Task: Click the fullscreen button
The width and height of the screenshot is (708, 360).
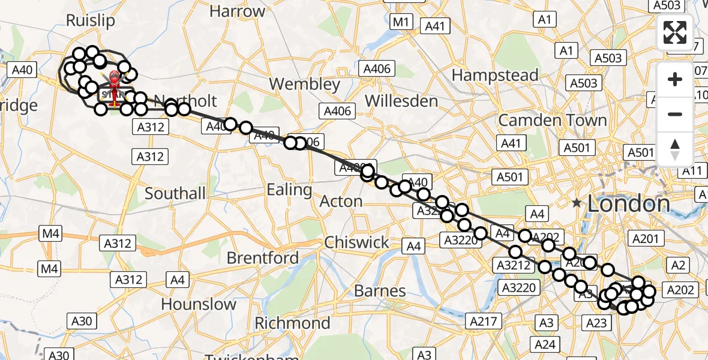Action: tap(675, 32)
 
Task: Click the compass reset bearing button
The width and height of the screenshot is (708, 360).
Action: tap(675, 149)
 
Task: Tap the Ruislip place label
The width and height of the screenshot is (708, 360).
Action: tap(90, 20)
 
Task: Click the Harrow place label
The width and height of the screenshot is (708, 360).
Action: tap(238, 11)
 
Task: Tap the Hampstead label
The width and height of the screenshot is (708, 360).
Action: tap(495, 75)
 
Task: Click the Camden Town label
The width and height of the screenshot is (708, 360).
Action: tap(553, 120)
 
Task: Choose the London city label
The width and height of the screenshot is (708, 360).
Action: tap(628, 203)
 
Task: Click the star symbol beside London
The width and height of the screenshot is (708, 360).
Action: tap(577, 203)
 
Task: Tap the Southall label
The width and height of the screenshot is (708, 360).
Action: tap(175, 193)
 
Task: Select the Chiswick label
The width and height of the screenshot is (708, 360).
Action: tap(356, 242)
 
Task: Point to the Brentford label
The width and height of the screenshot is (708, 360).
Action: tap(263, 258)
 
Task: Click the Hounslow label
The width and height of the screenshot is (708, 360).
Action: tap(199, 304)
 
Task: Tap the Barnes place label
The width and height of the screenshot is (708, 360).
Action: tap(380, 291)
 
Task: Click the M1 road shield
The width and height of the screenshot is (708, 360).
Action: tap(400, 23)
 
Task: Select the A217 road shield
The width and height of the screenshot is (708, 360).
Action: tap(483, 321)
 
